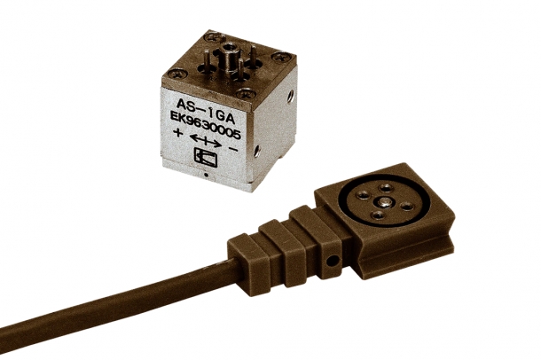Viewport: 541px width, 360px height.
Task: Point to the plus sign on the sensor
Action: tap(177, 132)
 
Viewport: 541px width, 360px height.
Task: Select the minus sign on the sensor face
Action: tap(233, 149)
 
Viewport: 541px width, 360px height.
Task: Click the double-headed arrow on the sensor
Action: tap(205, 141)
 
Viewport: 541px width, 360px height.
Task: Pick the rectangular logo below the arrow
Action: tap(206, 158)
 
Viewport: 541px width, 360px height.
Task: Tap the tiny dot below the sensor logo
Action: tap(206, 175)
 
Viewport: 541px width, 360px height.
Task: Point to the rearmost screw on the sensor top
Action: tap(215, 35)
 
